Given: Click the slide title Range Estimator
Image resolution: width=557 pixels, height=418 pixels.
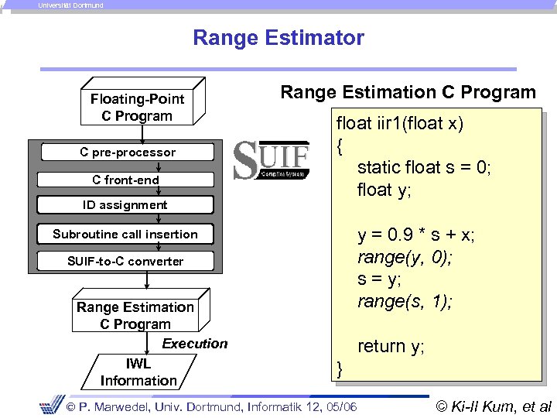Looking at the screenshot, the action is pyautogui.click(x=278, y=37).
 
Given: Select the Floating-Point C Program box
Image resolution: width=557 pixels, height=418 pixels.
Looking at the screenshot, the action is pyautogui.click(x=137, y=107).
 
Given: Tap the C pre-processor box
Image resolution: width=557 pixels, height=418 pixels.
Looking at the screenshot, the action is pyautogui.click(x=128, y=152).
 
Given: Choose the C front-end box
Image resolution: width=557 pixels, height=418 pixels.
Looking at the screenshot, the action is pyautogui.click(x=125, y=180).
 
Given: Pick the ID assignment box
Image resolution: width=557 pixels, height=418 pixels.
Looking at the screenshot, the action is pyautogui.click(x=125, y=205).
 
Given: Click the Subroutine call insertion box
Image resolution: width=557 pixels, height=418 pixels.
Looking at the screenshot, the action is pyautogui.click(x=125, y=234).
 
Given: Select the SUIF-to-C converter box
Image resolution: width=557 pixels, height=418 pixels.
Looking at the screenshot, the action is pyautogui.click(x=125, y=261).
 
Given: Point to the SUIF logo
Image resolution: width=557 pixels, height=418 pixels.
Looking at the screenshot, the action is pyautogui.click(x=271, y=160).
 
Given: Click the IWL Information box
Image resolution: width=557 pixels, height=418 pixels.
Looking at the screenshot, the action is pyautogui.click(x=138, y=372).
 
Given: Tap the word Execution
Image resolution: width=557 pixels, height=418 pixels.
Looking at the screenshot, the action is pyautogui.click(x=195, y=344).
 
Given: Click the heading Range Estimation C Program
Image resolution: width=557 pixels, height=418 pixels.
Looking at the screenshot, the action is pyautogui.click(x=408, y=93).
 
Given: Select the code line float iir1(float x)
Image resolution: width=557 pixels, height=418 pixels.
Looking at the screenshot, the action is pyautogui.click(x=399, y=124).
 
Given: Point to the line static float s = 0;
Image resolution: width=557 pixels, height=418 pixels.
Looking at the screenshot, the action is pyautogui.click(x=424, y=167).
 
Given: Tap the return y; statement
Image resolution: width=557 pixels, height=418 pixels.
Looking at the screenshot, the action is pyautogui.click(x=391, y=346).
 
